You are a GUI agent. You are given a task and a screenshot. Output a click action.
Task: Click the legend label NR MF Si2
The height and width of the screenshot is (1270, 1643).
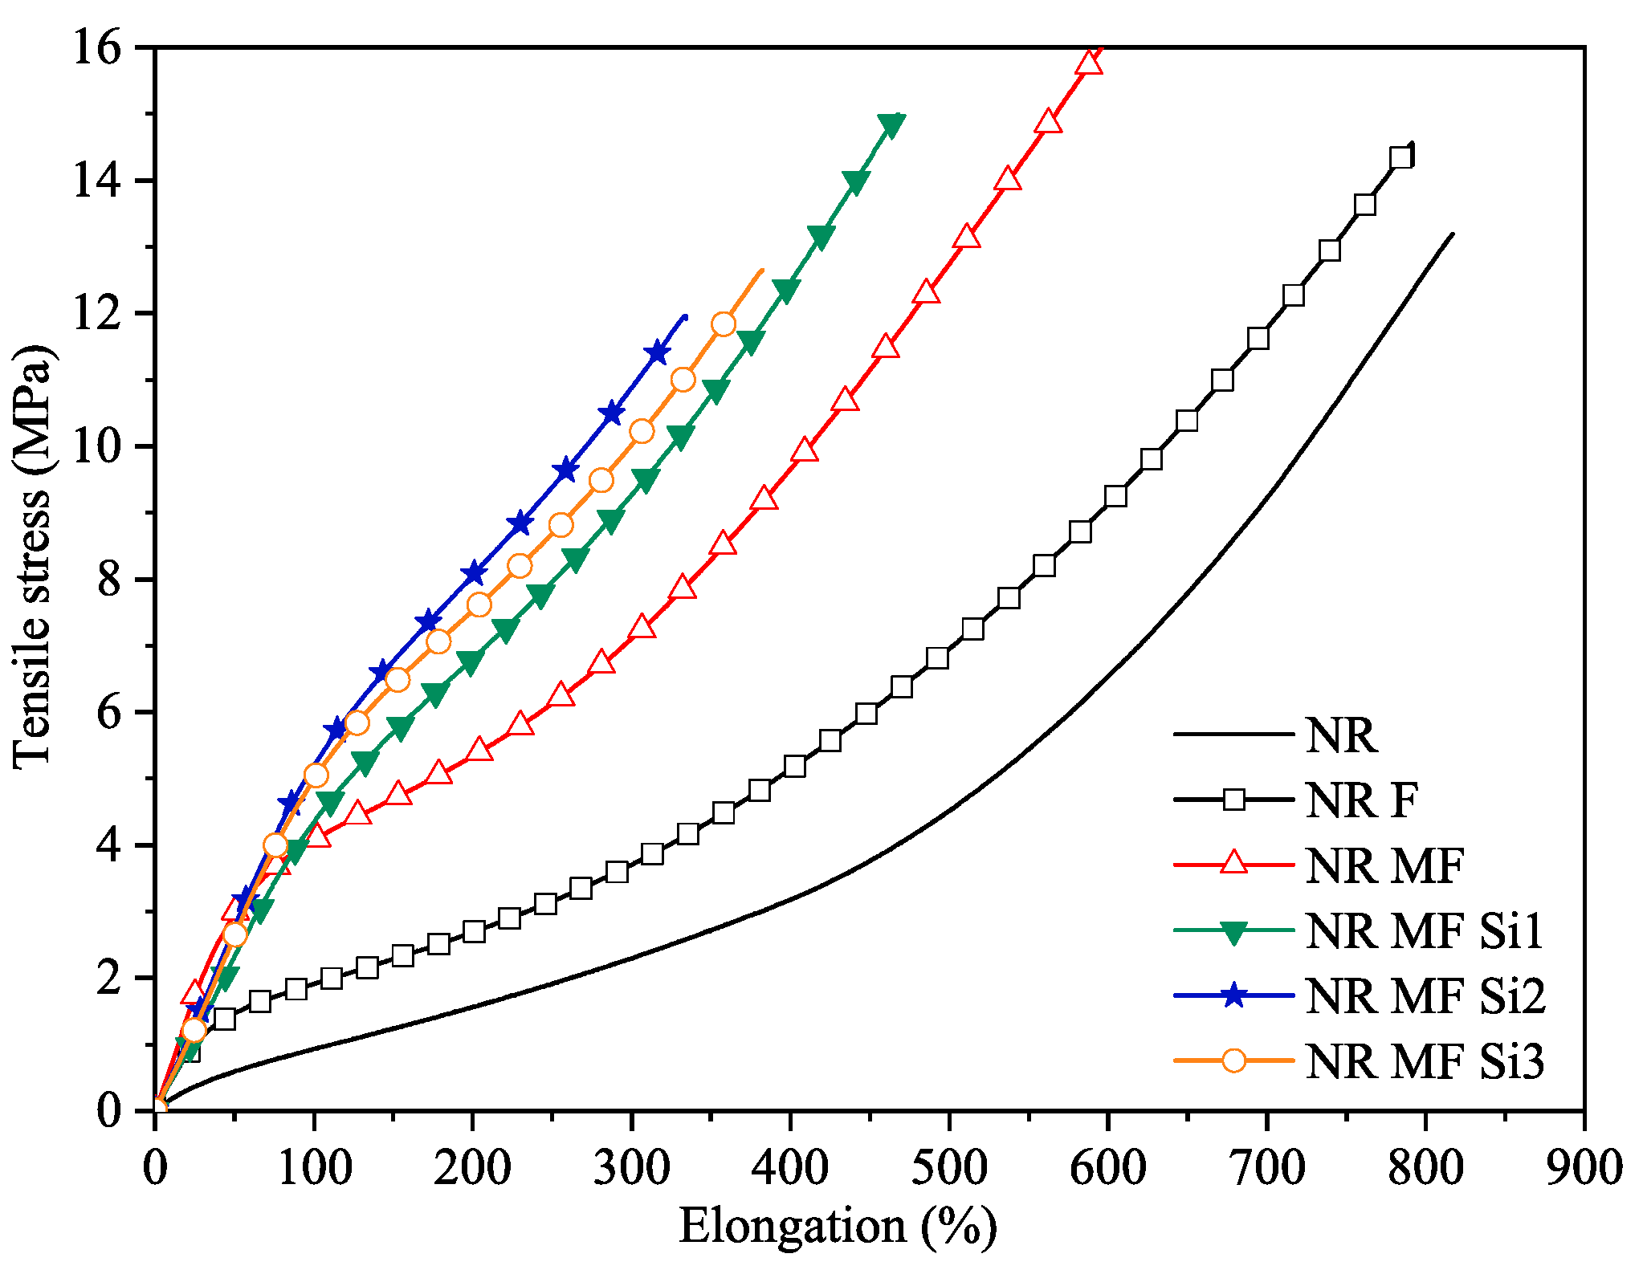click(x=1425, y=996)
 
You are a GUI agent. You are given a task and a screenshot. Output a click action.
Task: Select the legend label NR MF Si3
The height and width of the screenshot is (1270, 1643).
click(x=1425, y=1061)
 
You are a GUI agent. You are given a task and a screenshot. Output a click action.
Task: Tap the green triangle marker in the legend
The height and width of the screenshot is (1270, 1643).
click(x=1233, y=932)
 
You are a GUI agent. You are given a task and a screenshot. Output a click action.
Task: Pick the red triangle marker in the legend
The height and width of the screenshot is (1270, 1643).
click(x=1233, y=865)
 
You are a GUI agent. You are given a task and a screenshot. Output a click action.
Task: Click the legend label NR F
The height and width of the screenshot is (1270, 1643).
click(x=1362, y=800)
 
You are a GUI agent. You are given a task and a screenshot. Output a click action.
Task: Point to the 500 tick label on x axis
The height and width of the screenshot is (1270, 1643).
click(x=949, y=1169)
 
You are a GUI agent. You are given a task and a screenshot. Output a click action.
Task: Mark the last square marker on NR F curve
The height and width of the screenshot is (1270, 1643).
click(x=1400, y=157)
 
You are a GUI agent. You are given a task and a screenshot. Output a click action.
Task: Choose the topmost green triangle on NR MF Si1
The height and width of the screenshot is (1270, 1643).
click(x=890, y=124)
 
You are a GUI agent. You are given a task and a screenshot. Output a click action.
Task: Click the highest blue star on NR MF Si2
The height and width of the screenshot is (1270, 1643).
click(x=658, y=352)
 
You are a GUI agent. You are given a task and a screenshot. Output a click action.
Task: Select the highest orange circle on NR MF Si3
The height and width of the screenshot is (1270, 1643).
click(x=724, y=324)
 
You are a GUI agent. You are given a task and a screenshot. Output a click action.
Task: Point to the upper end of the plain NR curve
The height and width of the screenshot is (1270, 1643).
click(x=1452, y=234)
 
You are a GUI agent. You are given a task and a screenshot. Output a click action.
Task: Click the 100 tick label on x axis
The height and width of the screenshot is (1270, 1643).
click(x=314, y=1169)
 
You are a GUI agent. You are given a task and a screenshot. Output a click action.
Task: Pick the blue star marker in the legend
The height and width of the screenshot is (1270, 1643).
click(x=1233, y=996)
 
